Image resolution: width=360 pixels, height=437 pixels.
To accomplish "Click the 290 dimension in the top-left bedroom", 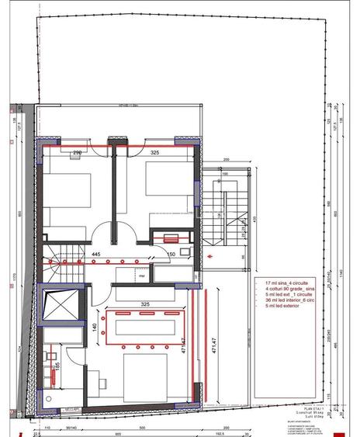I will click(77, 154).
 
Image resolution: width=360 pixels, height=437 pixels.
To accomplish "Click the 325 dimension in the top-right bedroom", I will click(155, 154).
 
